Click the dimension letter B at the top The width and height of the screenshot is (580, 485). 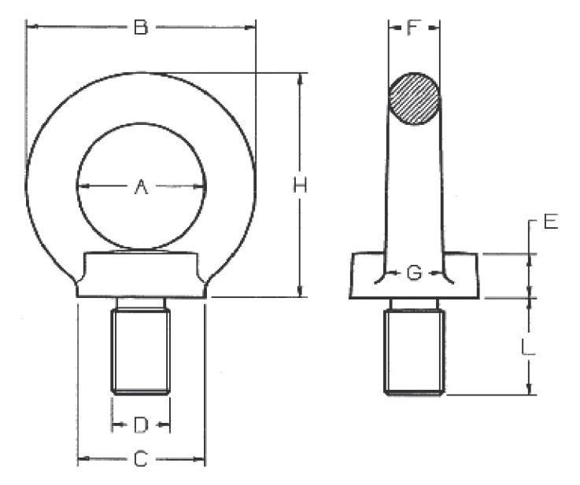(141, 28)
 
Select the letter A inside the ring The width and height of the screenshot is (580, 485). (141, 186)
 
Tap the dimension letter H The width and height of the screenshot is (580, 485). (300, 185)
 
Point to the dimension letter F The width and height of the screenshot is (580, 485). (413, 28)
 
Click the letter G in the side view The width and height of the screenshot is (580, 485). (414, 273)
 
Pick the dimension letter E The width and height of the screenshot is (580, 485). (551, 222)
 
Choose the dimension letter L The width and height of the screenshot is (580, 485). (528, 347)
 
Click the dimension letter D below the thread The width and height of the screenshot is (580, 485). (141, 424)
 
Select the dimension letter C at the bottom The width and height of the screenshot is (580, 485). (141, 459)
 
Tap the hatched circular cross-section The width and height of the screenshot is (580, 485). (414, 99)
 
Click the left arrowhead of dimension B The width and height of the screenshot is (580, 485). (31, 26)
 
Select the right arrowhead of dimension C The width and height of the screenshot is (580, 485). (200, 459)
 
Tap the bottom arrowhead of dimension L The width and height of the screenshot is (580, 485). (530, 390)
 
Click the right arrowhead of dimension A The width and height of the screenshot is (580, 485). (200, 186)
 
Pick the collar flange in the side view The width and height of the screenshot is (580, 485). (414, 276)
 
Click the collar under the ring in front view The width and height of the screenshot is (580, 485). (142, 274)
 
